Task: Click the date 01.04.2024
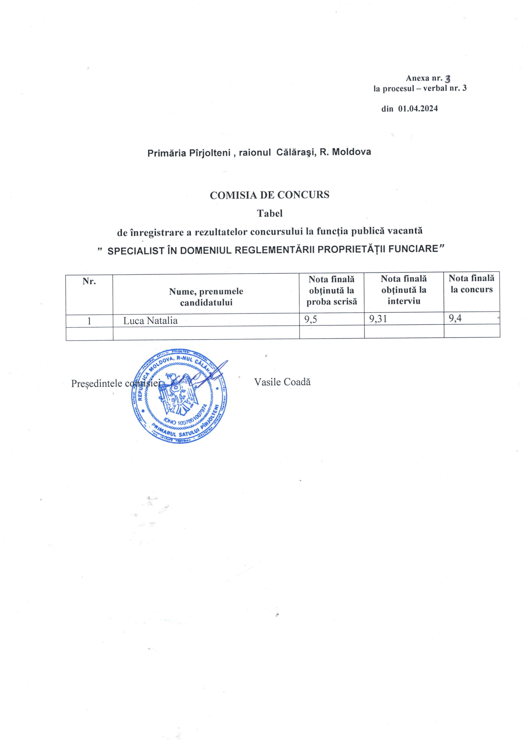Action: [x=418, y=109]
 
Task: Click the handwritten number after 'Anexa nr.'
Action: [x=448, y=79]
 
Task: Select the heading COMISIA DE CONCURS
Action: [x=269, y=195]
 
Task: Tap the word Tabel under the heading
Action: [x=269, y=213]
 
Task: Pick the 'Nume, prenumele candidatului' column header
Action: [x=206, y=297]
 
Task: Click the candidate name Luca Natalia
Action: [x=151, y=321]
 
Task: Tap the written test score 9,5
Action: [x=311, y=320]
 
